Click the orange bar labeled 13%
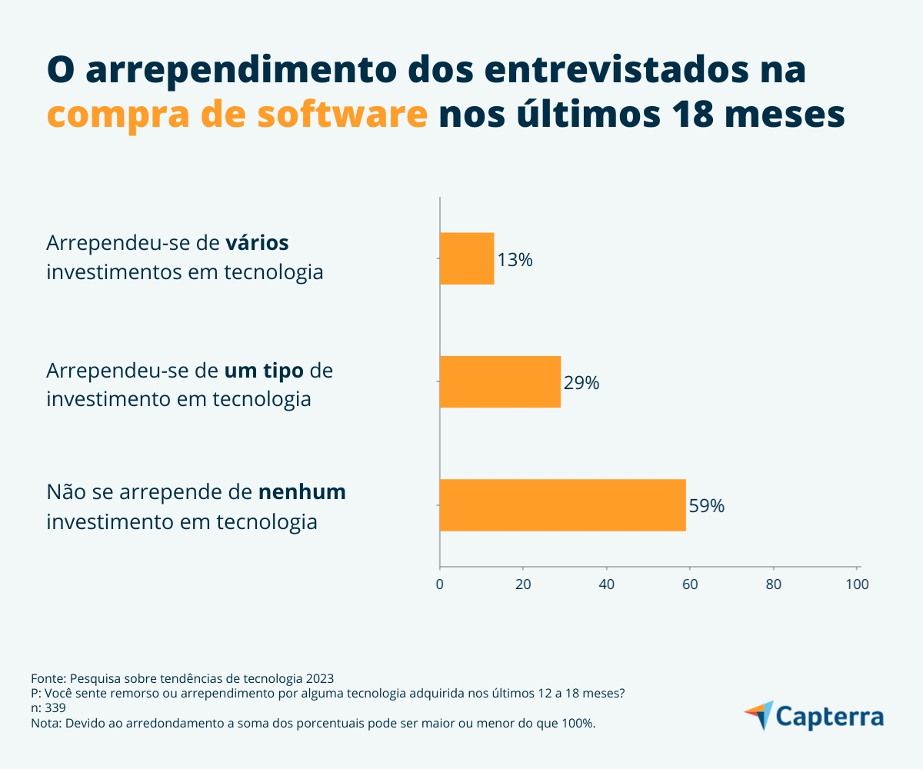click(466, 258)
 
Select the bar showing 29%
click(500, 381)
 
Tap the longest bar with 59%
click(562, 504)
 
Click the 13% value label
click(515, 260)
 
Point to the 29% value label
click(581, 383)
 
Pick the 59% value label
click(706, 506)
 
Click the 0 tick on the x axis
click(439, 584)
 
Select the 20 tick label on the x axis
click(523, 584)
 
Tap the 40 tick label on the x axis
click(607, 584)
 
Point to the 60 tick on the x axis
click(690, 584)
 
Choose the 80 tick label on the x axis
click(774, 584)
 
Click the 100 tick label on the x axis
click(857, 584)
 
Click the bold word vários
click(257, 243)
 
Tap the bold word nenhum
click(302, 492)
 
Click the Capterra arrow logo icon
click(758, 715)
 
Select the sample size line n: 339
click(48, 708)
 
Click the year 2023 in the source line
click(319, 678)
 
